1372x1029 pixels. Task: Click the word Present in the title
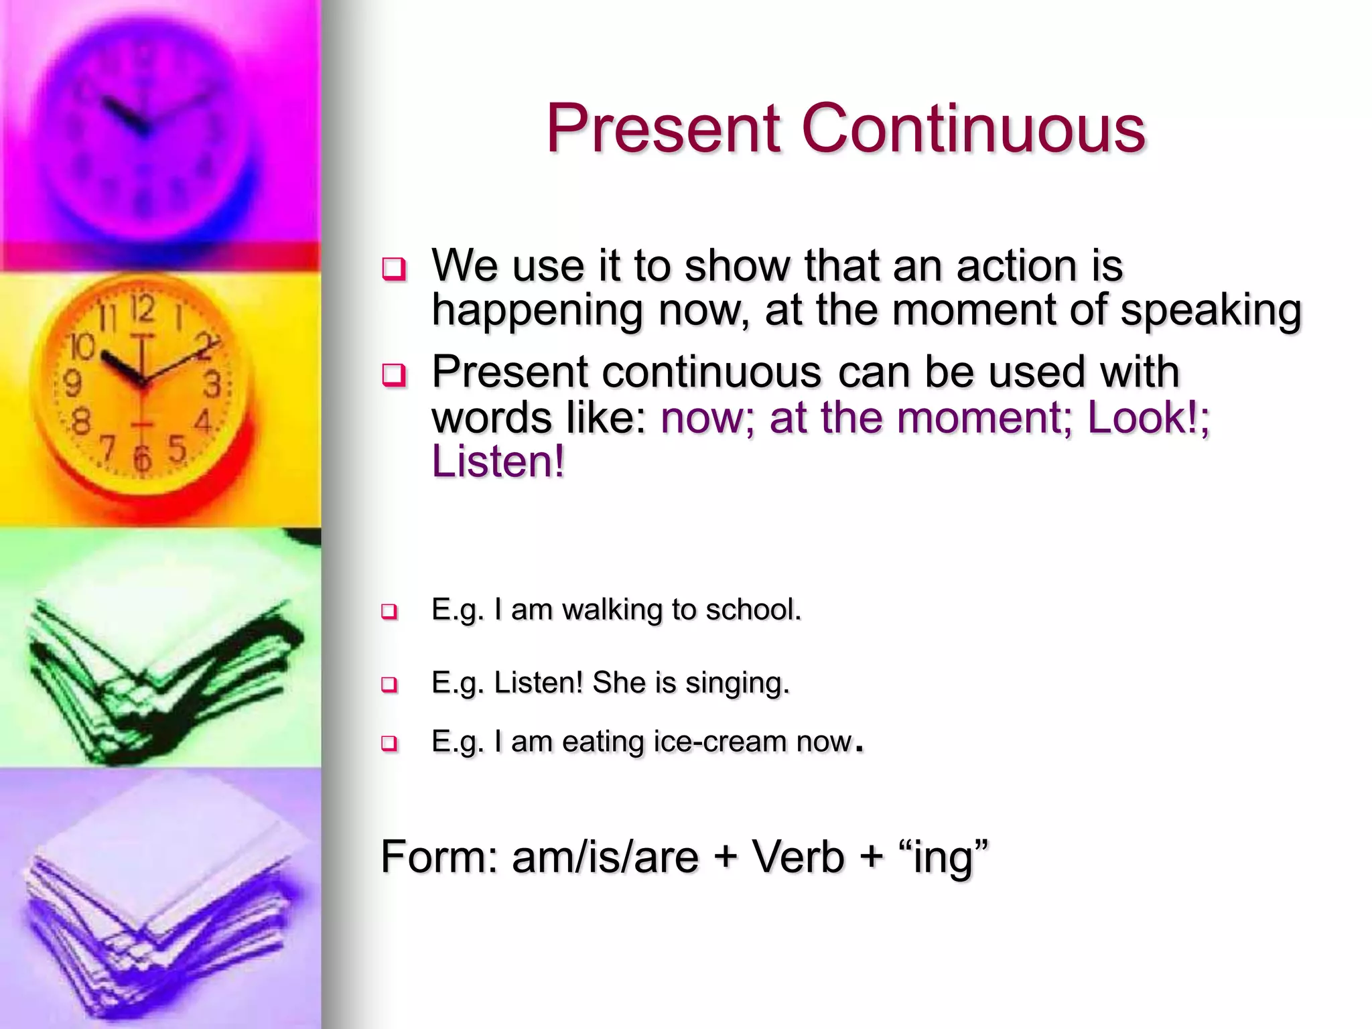663,129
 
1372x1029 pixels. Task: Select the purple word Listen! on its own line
498,462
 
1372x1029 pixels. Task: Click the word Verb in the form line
797,857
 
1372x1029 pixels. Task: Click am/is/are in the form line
605,857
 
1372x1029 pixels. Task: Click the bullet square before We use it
393,269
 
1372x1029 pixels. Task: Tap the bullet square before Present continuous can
393,374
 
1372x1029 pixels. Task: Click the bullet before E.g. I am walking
389,611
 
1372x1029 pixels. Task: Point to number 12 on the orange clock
143,309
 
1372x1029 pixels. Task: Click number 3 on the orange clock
212,385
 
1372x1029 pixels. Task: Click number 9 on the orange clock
72,383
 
